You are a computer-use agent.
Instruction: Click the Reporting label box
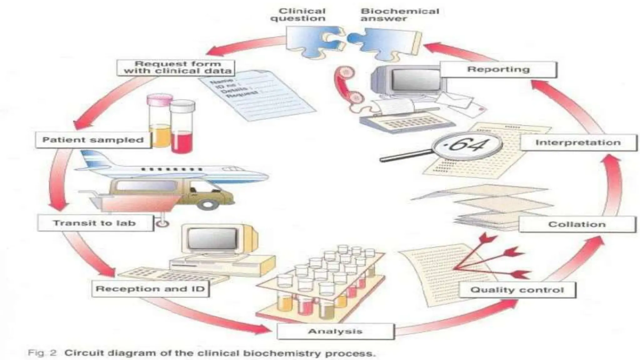click(498, 69)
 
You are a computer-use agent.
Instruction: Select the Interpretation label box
click(578, 143)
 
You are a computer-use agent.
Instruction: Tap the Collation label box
click(577, 224)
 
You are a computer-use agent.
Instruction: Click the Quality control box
click(517, 290)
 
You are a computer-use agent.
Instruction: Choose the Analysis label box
click(335, 331)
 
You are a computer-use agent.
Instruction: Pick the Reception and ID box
click(150, 289)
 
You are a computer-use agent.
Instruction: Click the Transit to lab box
click(95, 223)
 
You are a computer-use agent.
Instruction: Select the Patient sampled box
click(93, 140)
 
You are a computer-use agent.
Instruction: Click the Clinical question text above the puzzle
click(298, 15)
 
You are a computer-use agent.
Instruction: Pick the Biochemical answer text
click(400, 15)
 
